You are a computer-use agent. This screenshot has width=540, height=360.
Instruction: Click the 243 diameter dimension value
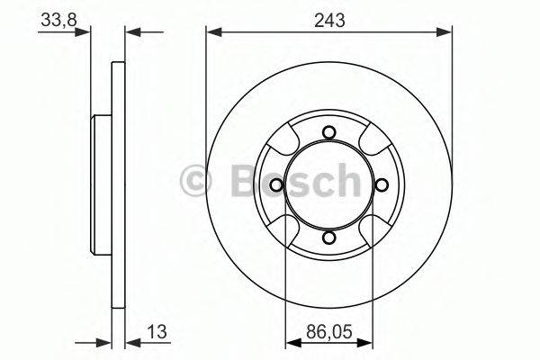(329, 17)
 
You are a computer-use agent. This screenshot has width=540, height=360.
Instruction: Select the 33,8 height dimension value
(56, 17)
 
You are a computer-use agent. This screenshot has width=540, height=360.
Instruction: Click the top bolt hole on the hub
(328, 134)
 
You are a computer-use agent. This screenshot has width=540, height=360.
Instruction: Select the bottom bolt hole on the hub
(328, 238)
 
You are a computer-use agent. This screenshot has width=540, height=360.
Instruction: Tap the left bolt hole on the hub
(277, 185)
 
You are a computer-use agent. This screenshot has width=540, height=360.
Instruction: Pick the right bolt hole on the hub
(381, 185)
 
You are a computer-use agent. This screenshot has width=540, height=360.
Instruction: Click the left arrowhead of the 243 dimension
(213, 32)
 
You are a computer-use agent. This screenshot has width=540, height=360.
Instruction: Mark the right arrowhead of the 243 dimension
(445, 32)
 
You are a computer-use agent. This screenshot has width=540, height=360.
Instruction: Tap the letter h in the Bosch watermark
(344, 183)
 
